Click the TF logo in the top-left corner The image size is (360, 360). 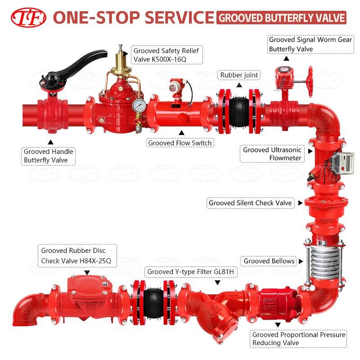pos(28,17)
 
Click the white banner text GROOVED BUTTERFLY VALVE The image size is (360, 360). pos(282,18)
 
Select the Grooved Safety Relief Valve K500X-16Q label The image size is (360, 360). pos(166,55)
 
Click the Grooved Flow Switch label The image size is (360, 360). pos(180,143)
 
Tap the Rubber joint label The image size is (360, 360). pos(239,75)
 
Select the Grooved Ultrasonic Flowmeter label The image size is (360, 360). pos(273,154)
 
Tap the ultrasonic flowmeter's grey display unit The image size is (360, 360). pos(342,162)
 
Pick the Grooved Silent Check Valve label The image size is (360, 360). pos(250,203)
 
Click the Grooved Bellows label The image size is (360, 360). pos(269,261)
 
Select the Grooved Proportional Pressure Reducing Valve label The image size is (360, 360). pos(299,339)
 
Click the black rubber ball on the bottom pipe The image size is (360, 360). pos(153,299)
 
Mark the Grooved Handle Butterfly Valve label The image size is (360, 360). pos(48,156)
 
